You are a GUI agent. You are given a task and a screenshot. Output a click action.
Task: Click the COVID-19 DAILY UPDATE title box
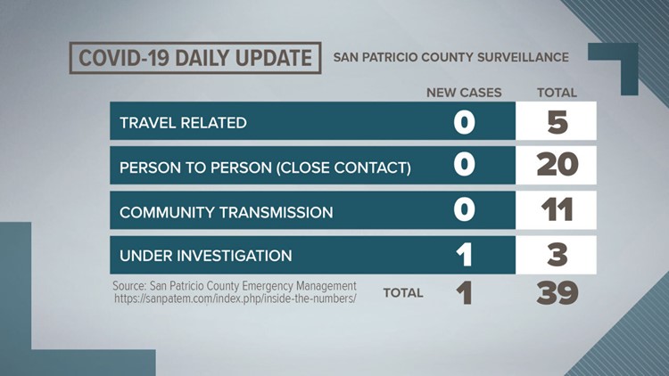pos(195,58)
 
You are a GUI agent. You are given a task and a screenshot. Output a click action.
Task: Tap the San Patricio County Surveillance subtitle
pos(451,58)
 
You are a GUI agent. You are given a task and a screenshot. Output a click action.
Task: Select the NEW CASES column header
pos(464,93)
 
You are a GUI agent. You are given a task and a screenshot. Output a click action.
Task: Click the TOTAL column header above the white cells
pos(557,93)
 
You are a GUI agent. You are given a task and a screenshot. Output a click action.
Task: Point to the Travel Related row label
pos(183,123)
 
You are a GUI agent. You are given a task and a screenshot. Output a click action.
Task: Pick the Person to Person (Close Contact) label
pos(266,168)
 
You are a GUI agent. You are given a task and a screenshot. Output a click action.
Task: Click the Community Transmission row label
pos(227,212)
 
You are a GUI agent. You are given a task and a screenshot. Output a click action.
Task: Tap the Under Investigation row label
pos(206,256)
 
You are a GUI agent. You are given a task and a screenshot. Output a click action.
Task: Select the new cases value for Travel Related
pos(464,122)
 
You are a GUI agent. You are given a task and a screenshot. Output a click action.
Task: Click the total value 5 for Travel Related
pos(557,122)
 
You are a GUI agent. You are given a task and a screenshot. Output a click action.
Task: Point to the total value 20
pos(557,165)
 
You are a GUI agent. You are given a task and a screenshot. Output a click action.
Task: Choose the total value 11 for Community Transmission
pos(557,209)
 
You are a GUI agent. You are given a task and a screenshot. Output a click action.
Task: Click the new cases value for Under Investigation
pos(464,255)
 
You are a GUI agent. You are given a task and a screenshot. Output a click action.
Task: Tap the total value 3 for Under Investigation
pos(557,255)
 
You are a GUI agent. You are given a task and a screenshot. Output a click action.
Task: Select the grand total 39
pos(557,293)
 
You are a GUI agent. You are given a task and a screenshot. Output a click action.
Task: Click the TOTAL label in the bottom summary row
pos(403,293)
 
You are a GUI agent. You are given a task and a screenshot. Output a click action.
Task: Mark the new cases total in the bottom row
pos(464,293)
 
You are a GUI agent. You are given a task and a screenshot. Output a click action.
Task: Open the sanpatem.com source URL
pos(235,298)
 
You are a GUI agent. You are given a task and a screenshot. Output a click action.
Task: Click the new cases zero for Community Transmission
pos(464,209)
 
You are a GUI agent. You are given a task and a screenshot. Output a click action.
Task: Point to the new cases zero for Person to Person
pos(464,165)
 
